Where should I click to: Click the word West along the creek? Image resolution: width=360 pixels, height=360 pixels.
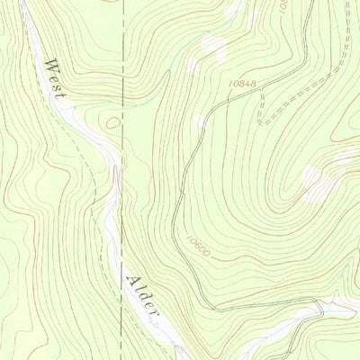[55, 79]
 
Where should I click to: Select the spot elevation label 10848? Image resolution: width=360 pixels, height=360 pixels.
[243, 84]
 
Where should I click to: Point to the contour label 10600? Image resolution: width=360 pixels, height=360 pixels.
[200, 246]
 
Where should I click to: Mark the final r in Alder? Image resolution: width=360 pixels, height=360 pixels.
[152, 313]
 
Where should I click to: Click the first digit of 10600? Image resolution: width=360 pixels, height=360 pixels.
[191, 237]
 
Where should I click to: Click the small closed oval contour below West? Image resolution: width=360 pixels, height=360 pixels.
[111, 121]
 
